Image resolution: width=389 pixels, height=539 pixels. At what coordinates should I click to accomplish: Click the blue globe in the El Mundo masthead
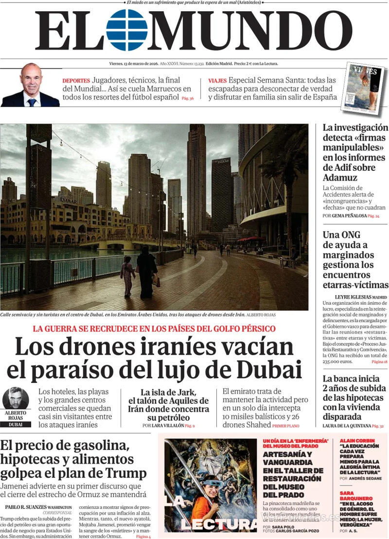(126, 30)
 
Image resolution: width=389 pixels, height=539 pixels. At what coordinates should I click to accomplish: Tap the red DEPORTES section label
(76, 81)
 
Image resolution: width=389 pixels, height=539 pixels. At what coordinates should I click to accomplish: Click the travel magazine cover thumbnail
(362, 87)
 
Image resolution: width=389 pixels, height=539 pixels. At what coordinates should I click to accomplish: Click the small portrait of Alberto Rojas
(16, 398)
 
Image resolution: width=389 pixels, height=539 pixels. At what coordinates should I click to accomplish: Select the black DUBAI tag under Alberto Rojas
(16, 424)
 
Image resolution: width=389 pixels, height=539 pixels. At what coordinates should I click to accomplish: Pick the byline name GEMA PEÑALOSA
(349, 216)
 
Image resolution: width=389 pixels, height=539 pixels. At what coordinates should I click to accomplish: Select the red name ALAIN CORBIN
(359, 440)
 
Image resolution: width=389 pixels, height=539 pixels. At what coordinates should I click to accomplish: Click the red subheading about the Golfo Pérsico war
(154, 328)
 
